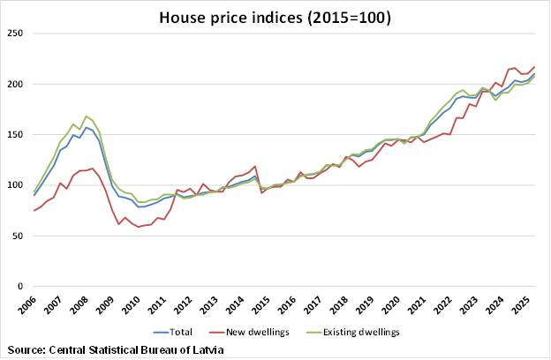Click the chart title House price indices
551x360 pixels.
(275, 17)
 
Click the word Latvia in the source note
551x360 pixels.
(205, 350)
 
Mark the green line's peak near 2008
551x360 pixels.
(86, 116)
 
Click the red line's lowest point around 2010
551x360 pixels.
(139, 227)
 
